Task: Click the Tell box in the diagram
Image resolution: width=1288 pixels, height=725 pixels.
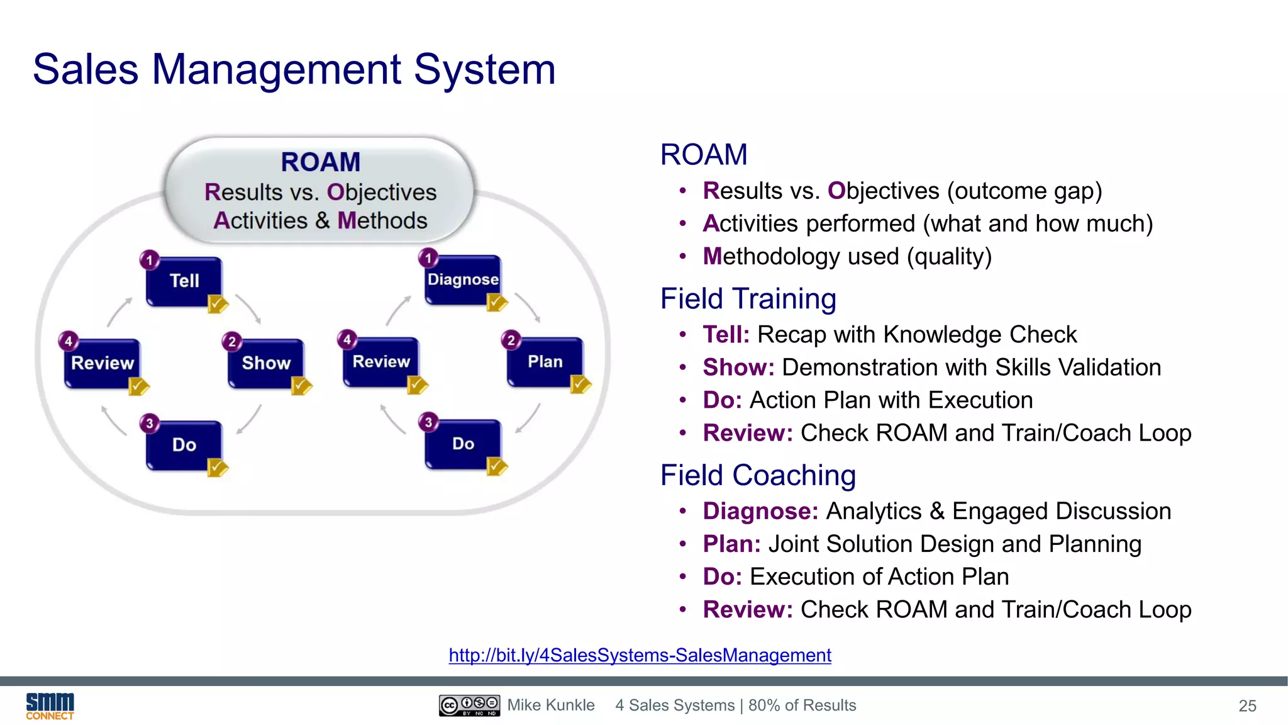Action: point(184,281)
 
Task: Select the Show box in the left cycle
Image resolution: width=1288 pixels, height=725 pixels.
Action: point(266,362)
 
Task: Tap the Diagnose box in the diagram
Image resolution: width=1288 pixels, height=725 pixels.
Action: point(463,279)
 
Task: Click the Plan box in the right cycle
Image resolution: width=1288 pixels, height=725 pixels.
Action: point(545,361)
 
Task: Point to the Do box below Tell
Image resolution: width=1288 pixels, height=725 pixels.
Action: point(184,445)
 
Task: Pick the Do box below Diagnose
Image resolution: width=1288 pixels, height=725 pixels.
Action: point(463,444)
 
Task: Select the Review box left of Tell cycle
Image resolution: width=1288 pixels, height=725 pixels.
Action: point(102,362)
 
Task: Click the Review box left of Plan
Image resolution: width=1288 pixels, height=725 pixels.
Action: point(381,361)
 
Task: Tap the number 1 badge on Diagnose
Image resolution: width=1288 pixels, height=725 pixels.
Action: point(428,258)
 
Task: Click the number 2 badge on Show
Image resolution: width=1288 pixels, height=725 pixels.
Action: point(232,341)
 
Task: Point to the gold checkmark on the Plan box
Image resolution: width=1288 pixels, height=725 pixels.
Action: point(580,383)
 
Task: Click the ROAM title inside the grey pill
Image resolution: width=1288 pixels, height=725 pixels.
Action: point(320,162)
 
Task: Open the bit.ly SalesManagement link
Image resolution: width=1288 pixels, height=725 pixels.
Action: point(640,655)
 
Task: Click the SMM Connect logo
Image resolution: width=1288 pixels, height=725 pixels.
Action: point(50,705)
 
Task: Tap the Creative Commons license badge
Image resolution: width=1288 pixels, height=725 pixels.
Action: point(469,705)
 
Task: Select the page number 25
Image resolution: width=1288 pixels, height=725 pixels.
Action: point(1247,706)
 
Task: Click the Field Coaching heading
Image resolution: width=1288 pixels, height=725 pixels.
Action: point(758,475)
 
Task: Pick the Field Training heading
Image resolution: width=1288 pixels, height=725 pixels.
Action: point(748,298)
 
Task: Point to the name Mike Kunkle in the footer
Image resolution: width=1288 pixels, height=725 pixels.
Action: point(551,705)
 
